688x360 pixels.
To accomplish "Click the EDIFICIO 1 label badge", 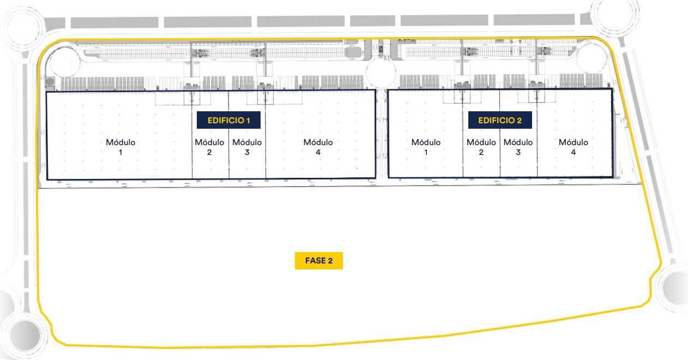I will pyautogui.click(x=228, y=121).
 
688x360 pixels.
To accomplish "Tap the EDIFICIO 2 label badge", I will pyautogui.click(x=500, y=121).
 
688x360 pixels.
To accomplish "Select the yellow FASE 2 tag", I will pyautogui.click(x=319, y=261).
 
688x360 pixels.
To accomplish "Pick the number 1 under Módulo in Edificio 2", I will pyautogui.click(x=426, y=153).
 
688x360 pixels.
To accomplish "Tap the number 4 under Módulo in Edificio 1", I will pyautogui.click(x=318, y=153).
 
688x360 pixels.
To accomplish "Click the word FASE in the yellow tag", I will pyautogui.click(x=315, y=261).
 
